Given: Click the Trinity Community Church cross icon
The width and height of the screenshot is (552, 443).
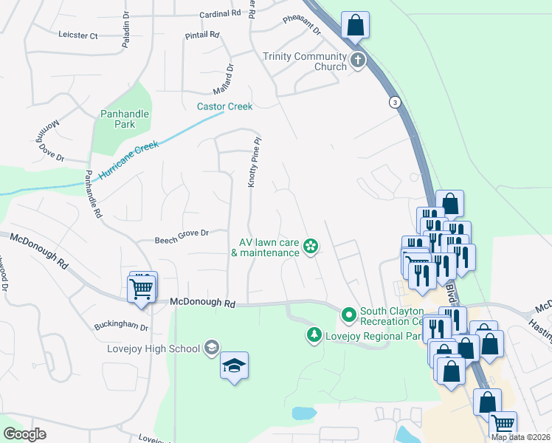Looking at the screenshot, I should pyautogui.click(x=358, y=61).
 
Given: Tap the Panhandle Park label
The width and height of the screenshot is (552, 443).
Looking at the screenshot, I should pyautogui.click(x=125, y=120).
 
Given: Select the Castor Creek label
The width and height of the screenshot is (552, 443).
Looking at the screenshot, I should pyautogui.click(x=224, y=106).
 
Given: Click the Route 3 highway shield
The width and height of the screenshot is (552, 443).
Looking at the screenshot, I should pyautogui.click(x=396, y=102).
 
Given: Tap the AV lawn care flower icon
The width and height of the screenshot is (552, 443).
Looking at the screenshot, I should pyautogui.click(x=311, y=247).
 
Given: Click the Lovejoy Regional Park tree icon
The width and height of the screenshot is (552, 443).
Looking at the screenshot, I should pyautogui.click(x=314, y=336).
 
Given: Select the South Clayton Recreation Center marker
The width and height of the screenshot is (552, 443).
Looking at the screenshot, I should pyautogui.click(x=349, y=315).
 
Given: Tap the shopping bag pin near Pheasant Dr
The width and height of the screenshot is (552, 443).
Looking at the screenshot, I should pyautogui.click(x=355, y=25).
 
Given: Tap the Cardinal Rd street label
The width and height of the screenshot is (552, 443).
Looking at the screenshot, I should pyautogui.click(x=220, y=13).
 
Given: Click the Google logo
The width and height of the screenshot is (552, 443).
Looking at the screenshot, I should pyautogui.click(x=24, y=434).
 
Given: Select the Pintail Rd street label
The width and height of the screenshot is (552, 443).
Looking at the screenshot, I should pyautogui.click(x=203, y=34).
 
